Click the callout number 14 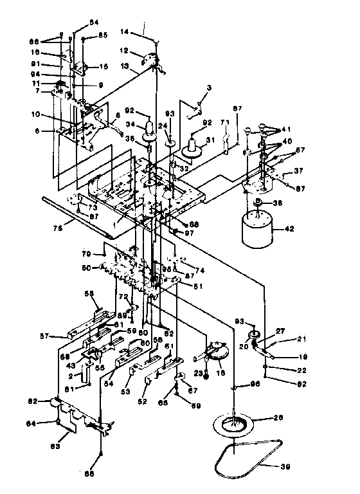click(x=125, y=30)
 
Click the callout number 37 click(x=298, y=171)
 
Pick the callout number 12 click(x=124, y=50)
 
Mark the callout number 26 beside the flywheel click(x=279, y=417)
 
